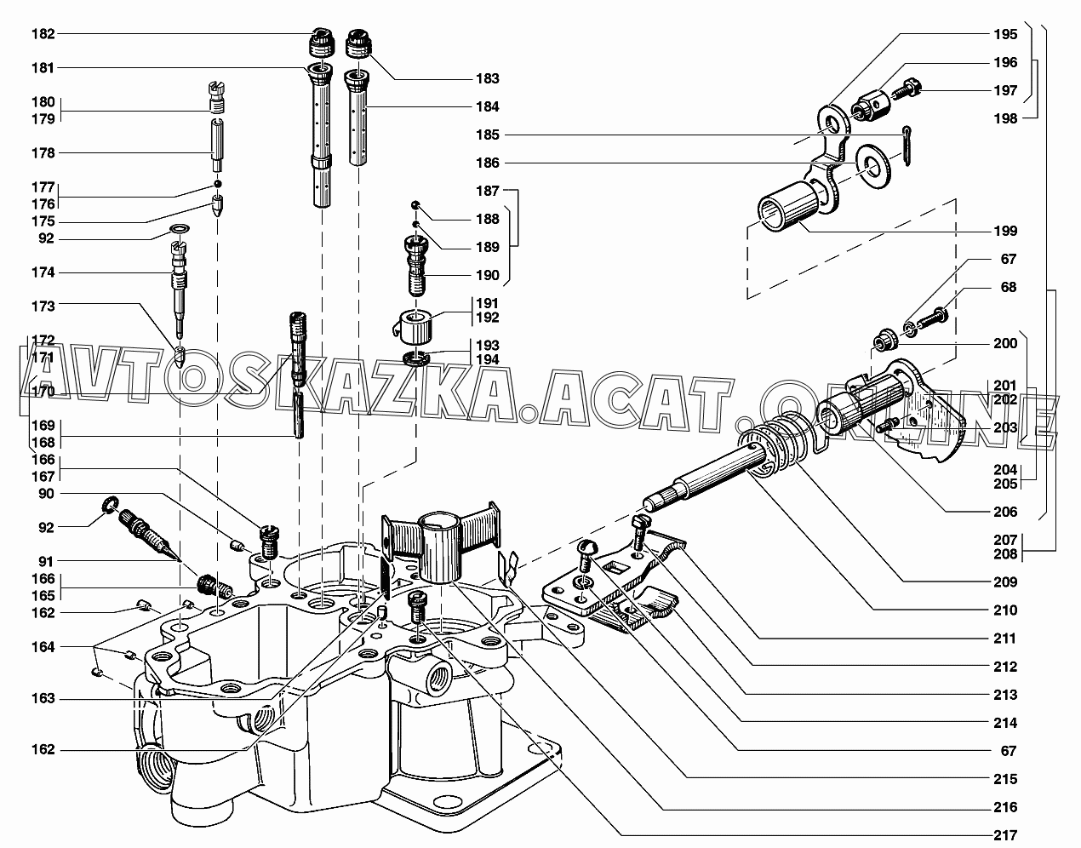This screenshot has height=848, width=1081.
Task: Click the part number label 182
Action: click(x=43, y=34)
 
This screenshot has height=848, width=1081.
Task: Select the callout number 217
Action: click(x=1004, y=835)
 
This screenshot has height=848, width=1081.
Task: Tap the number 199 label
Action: click(x=1004, y=231)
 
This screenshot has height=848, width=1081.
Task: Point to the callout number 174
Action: click(x=43, y=272)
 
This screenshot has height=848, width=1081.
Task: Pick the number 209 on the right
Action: click(x=1004, y=582)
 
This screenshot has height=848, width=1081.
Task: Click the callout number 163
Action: click(x=43, y=698)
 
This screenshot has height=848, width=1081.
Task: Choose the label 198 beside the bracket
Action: click(x=1004, y=119)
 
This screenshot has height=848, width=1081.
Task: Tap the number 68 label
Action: click(x=1008, y=287)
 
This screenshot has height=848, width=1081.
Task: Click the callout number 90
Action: click(x=45, y=494)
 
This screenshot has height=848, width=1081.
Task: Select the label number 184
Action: click(x=488, y=107)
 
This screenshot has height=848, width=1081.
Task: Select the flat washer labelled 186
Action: click(x=868, y=163)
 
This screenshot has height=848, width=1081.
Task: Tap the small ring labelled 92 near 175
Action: click(x=179, y=230)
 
